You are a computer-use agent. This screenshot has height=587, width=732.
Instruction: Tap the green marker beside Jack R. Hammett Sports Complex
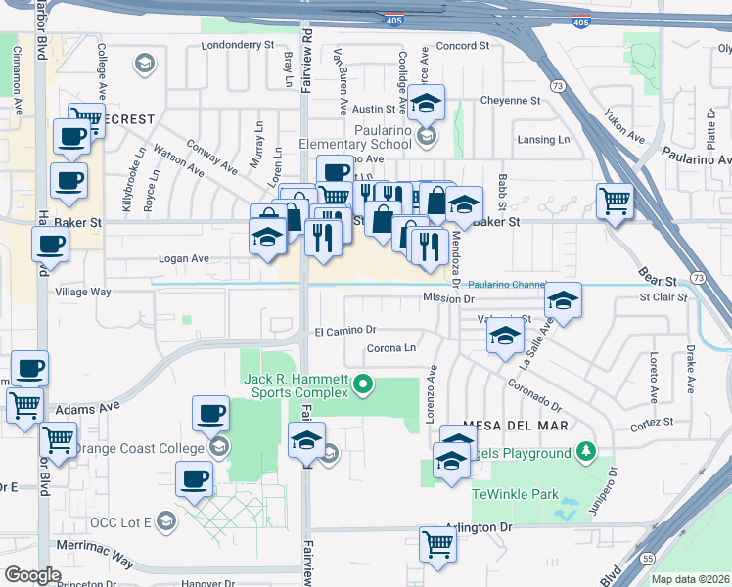[364, 384]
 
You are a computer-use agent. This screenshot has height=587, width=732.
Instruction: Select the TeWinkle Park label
[515, 494]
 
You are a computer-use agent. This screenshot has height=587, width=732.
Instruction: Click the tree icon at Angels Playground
[585, 452]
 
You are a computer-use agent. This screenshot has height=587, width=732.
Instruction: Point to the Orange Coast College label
[140, 448]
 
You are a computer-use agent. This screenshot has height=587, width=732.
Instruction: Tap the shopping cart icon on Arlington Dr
[437, 543]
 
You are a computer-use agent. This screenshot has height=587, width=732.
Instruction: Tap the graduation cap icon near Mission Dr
[563, 300]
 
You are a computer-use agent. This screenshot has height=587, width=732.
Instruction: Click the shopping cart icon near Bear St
[615, 201]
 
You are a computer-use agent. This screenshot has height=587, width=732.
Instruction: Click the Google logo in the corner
[32, 575]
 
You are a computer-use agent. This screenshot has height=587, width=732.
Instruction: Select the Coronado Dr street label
[534, 396]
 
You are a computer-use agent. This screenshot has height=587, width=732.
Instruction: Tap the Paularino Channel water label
[513, 284]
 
